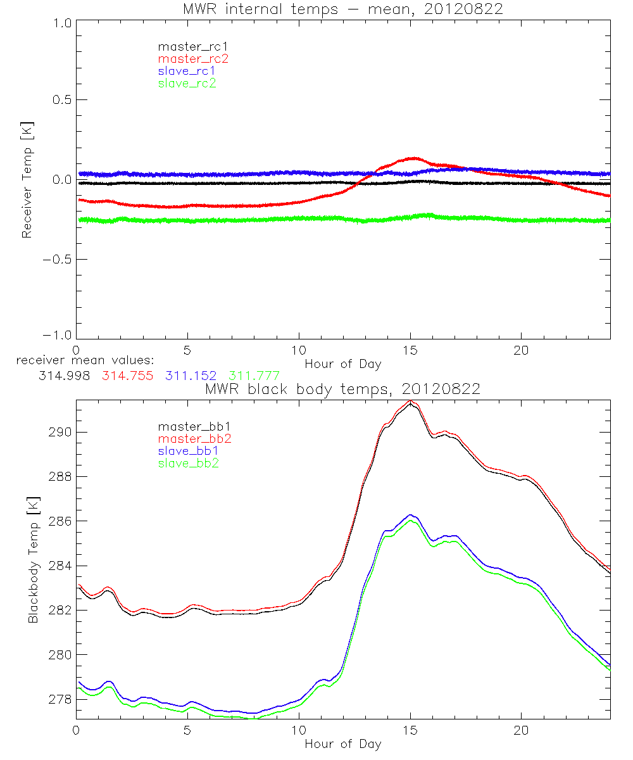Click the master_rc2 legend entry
[x=193, y=59]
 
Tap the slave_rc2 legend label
[x=187, y=83]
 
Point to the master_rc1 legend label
[x=192, y=47]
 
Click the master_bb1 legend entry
[x=194, y=426]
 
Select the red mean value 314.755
[x=127, y=376]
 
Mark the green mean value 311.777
[x=253, y=376]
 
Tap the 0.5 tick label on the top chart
[x=60, y=100]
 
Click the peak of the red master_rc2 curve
[x=413, y=158]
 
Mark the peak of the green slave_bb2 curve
[x=411, y=521]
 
